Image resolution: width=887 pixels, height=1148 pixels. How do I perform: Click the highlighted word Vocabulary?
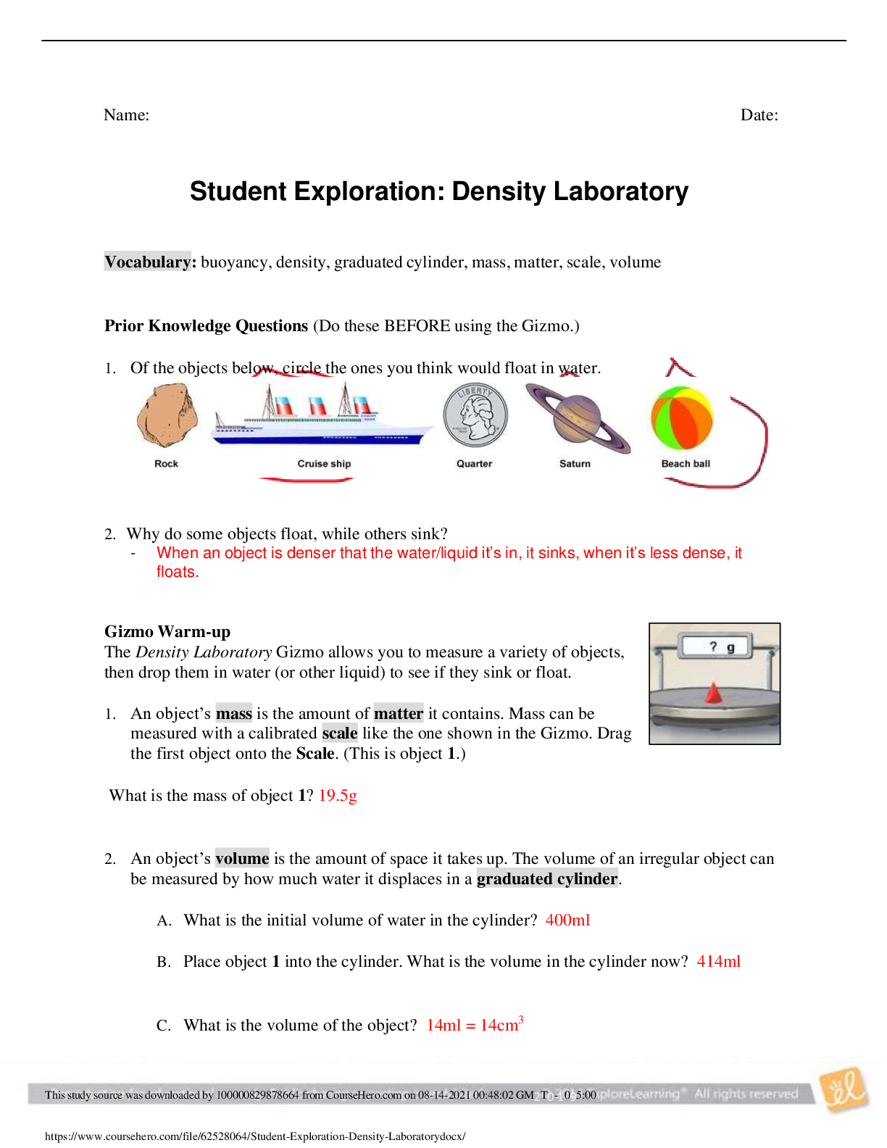[148, 262]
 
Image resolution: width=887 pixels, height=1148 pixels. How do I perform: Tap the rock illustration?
[167, 416]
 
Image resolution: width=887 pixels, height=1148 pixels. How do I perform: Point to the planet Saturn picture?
[577, 418]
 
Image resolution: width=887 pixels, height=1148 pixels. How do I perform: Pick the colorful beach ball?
[682, 418]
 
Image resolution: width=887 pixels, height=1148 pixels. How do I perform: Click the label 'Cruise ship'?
[324, 464]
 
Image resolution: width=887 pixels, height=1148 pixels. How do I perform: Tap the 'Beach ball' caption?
[686, 464]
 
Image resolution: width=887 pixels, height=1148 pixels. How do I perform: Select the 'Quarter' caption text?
[474, 464]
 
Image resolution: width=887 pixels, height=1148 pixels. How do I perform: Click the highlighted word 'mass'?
[234, 713]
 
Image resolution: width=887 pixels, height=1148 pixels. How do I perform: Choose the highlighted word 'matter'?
[399, 713]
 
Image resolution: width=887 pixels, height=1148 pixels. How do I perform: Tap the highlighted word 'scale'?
[340, 733]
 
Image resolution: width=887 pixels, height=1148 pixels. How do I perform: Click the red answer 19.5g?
[338, 796]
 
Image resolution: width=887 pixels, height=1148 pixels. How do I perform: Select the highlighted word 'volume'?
[242, 858]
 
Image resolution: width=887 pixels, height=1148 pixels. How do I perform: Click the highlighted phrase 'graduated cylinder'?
[547, 878]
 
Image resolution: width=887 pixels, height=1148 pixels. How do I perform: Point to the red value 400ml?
[568, 920]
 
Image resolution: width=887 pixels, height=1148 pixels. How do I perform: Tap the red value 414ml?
[719, 961]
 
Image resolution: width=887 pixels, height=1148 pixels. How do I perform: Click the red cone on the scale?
[714, 693]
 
